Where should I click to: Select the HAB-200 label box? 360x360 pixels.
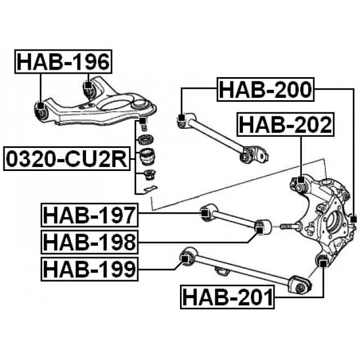265,89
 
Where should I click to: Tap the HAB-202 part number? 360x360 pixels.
285,124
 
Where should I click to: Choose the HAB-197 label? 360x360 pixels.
89,215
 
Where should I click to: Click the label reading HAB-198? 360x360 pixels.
89,242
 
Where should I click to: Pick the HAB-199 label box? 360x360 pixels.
89,269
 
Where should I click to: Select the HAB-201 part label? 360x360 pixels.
227,296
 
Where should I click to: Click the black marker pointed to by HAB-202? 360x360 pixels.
300,181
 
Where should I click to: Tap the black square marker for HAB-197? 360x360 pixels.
206,213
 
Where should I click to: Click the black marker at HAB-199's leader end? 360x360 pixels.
184,258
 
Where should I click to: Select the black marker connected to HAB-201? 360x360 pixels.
323,260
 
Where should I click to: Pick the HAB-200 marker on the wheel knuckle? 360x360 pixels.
353,219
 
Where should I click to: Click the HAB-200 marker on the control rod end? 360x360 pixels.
181,119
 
